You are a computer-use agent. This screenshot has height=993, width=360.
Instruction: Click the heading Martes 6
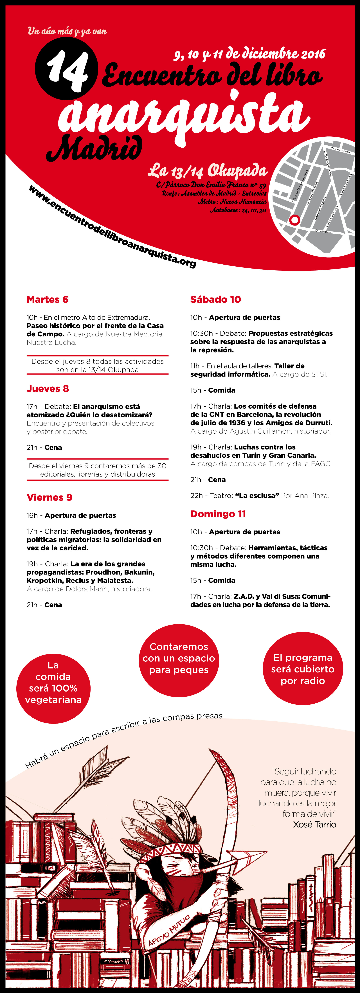[x=47, y=300]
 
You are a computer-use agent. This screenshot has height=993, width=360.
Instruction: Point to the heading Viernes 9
[x=49, y=497]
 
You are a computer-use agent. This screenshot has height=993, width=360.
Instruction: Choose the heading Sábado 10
[x=215, y=300]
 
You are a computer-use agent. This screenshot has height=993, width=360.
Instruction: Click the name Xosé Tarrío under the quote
[x=314, y=825]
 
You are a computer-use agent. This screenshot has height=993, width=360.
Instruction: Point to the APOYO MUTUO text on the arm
[x=169, y=931]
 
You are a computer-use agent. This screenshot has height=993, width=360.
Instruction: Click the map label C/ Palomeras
[x=323, y=231]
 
